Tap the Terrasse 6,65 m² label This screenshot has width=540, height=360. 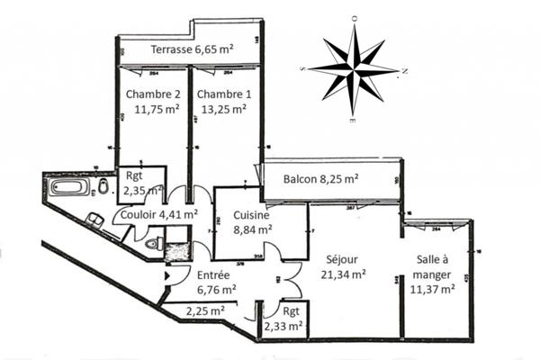(x=193, y=49)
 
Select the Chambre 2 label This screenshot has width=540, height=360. (x=153, y=94)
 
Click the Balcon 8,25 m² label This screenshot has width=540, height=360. (x=321, y=178)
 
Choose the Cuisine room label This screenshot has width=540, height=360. (x=253, y=215)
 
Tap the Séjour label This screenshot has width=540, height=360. (x=344, y=257)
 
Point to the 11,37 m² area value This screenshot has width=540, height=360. (x=432, y=289)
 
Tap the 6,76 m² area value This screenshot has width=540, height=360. (x=215, y=290)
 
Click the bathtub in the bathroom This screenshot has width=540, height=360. (x=68, y=188)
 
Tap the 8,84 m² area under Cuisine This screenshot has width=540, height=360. (x=254, y=229)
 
